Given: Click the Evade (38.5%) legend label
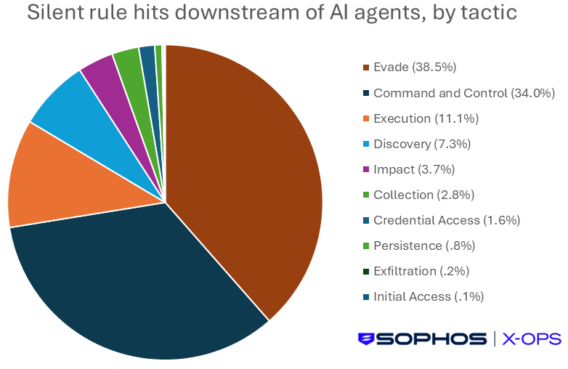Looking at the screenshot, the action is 415,68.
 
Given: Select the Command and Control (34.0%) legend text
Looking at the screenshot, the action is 464,94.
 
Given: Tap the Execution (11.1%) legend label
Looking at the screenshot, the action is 426,119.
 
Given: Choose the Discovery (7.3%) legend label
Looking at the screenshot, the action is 422,144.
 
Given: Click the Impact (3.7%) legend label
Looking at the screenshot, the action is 414,169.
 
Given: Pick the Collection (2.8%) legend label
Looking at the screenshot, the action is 424,195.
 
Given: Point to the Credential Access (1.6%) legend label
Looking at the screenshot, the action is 447,220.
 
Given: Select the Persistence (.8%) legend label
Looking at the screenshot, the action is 424,246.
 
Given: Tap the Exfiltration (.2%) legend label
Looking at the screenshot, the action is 421,271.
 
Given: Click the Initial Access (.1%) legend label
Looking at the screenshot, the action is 429,296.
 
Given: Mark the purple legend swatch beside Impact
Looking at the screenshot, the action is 366,169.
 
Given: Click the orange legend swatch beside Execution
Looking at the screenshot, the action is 366,118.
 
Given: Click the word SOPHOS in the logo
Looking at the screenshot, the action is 431,339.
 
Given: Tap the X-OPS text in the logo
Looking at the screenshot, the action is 532,339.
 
